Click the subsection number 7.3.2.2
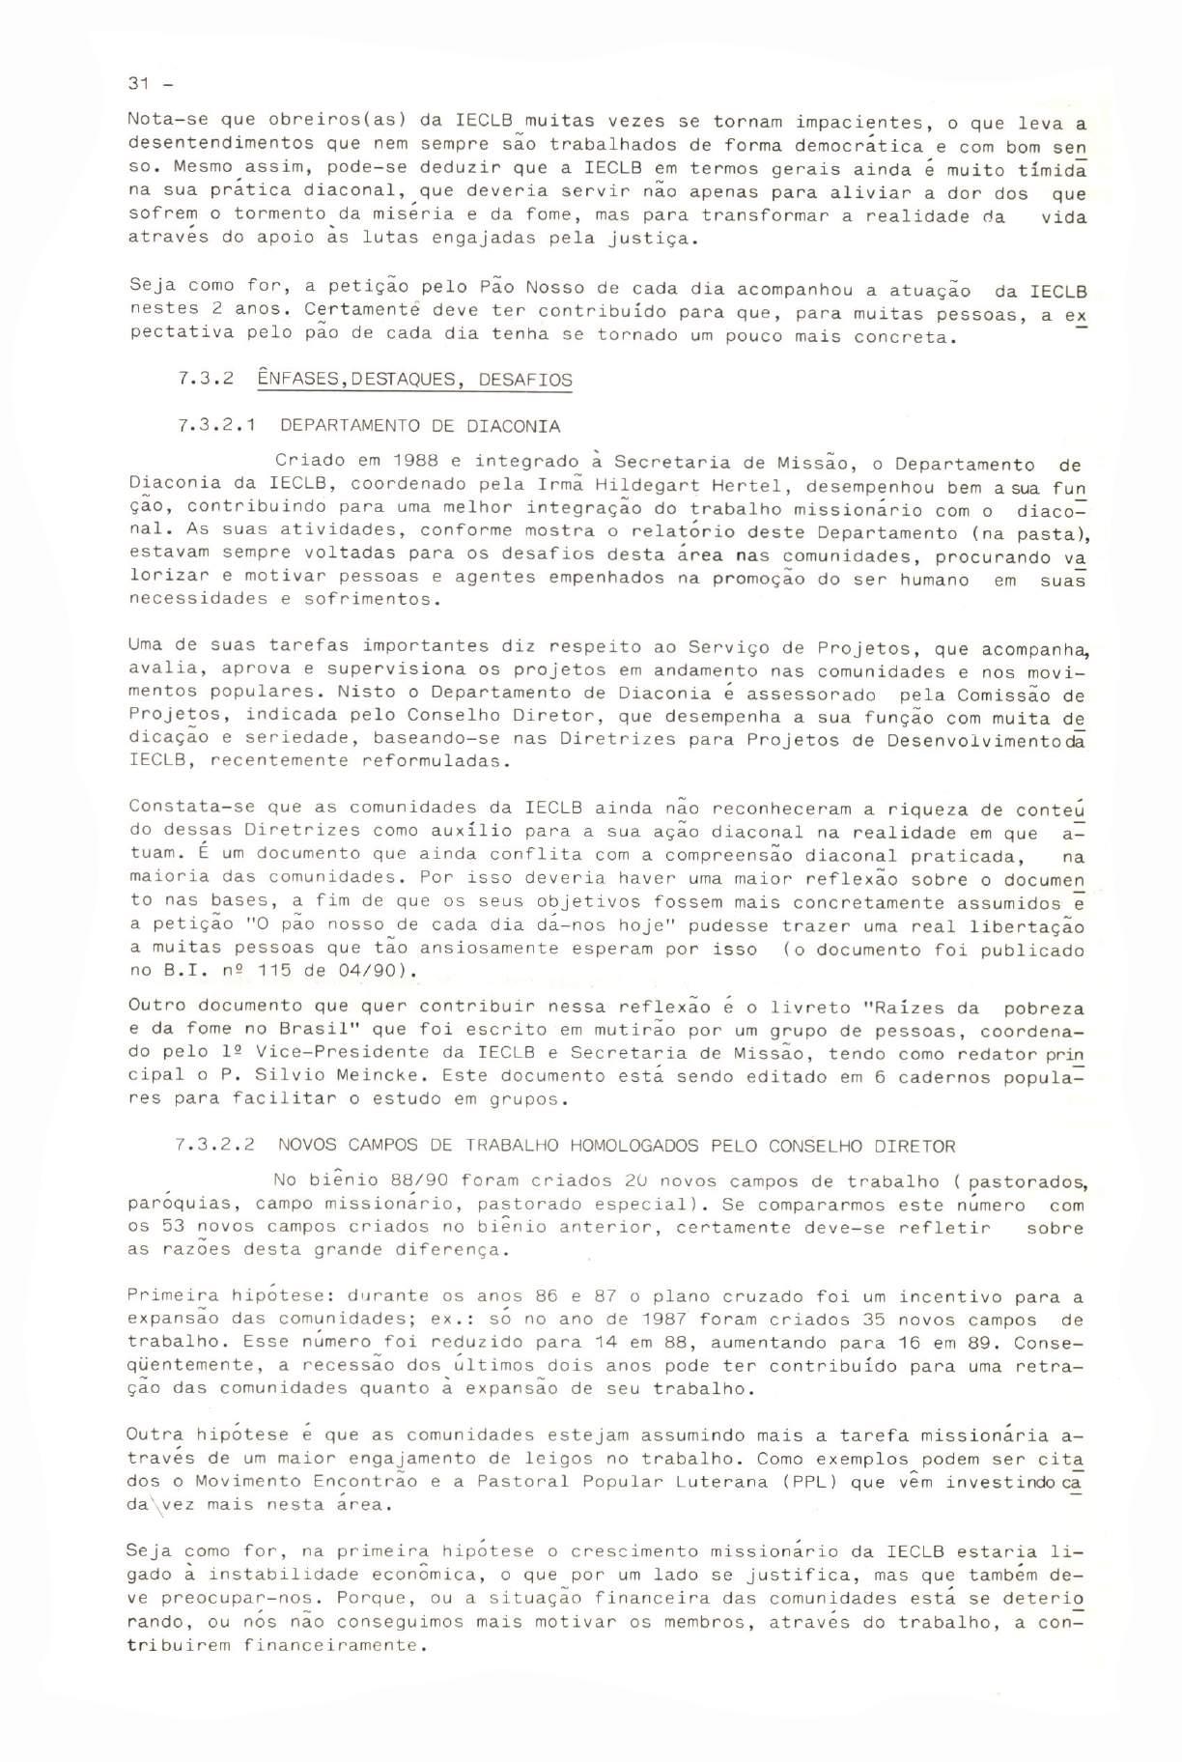[x=218, y=1146]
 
